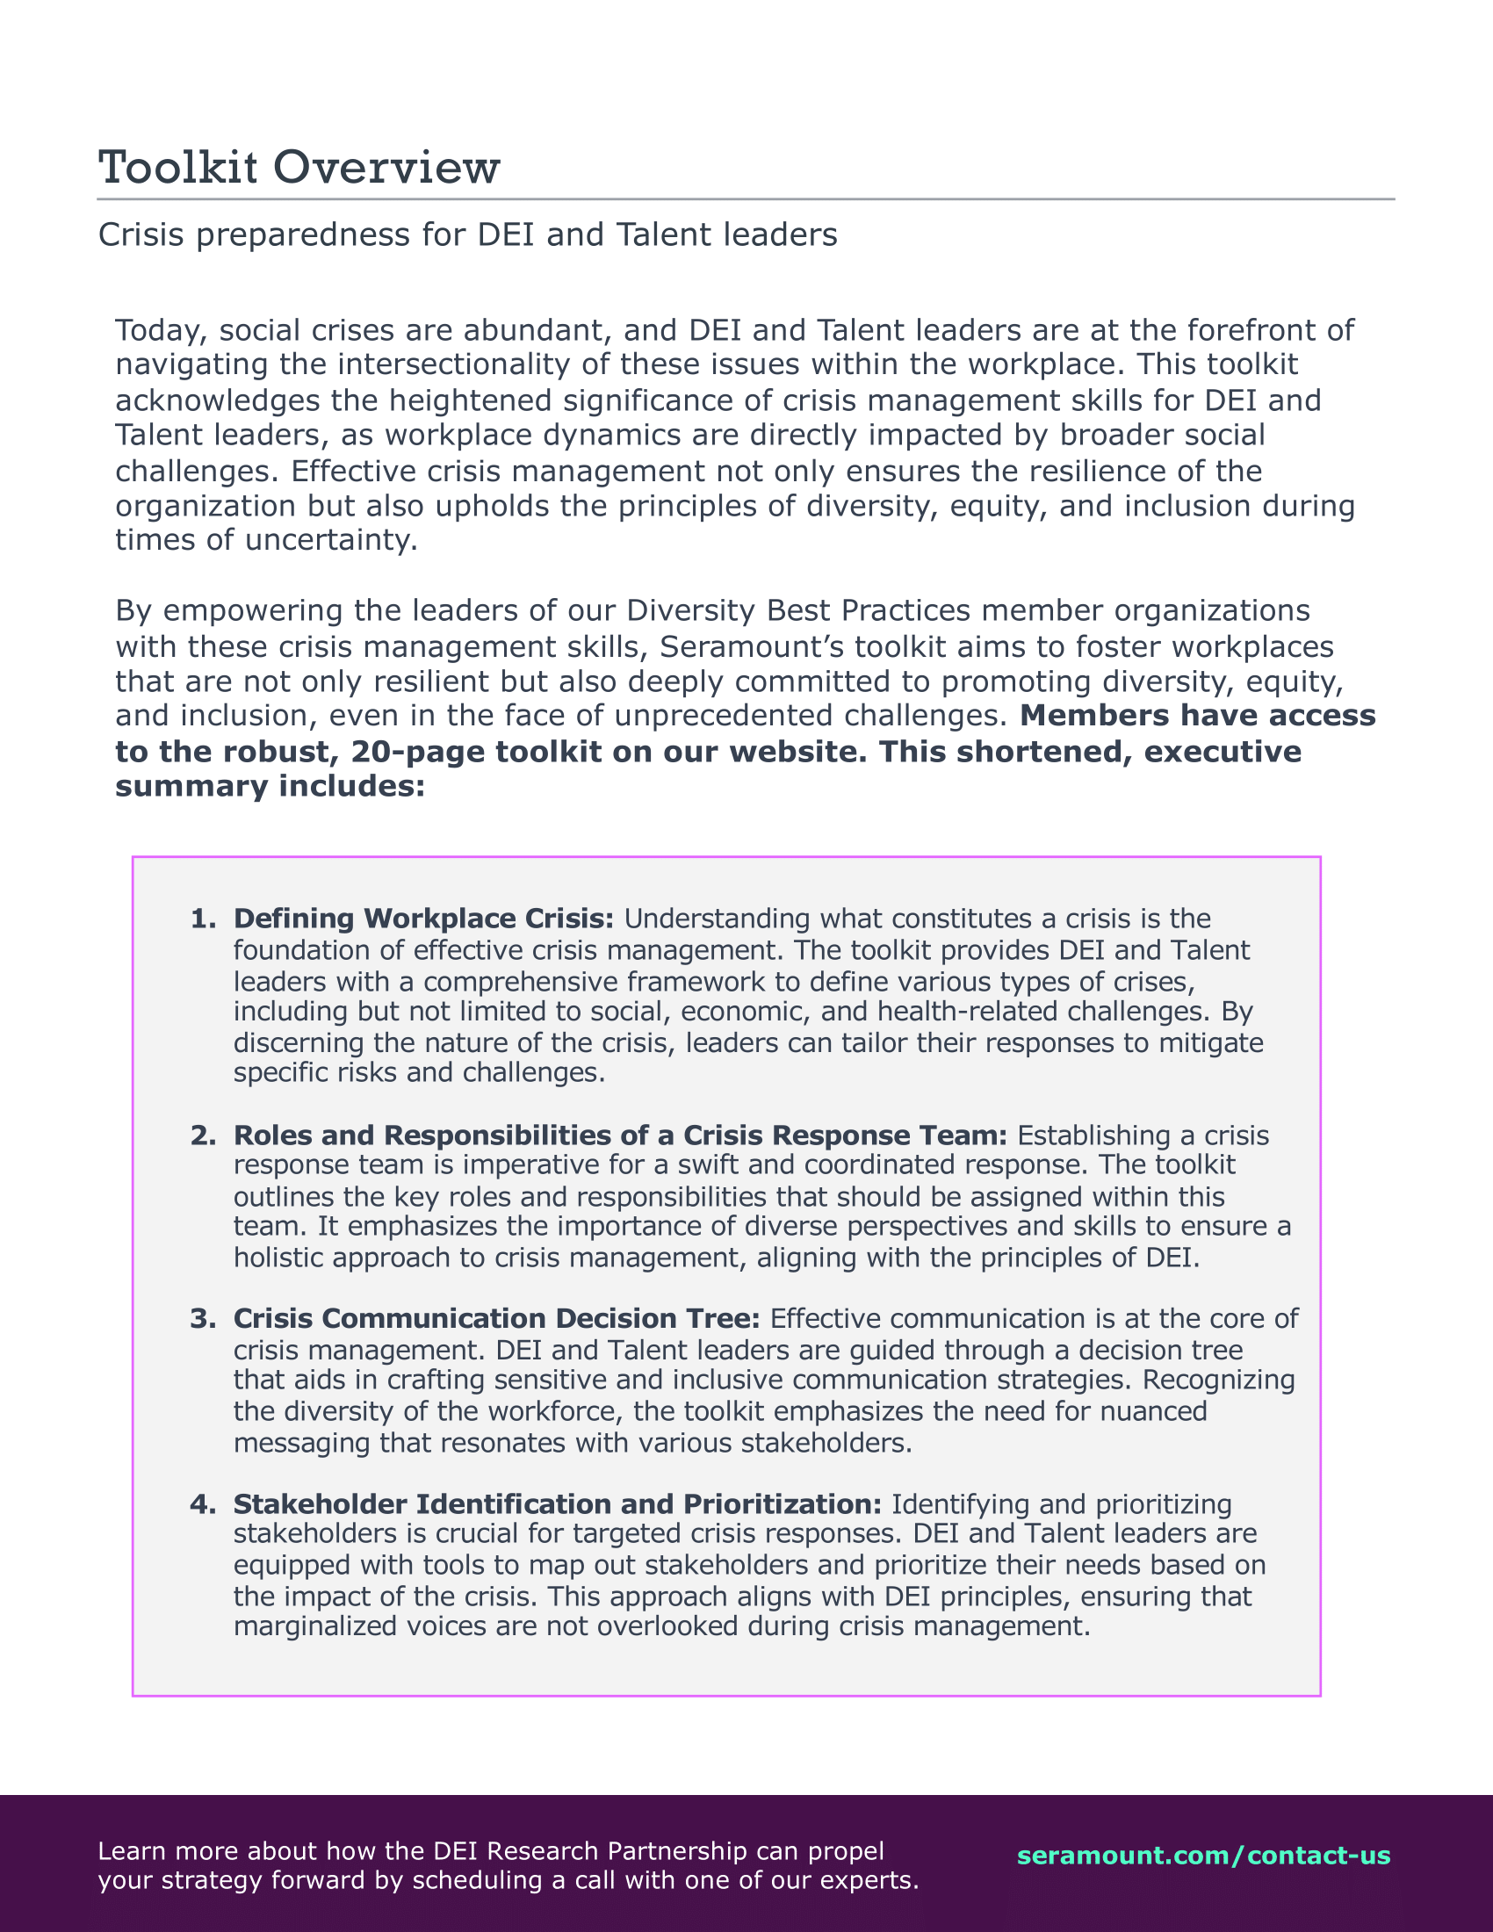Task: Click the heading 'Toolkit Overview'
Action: pos(299,167)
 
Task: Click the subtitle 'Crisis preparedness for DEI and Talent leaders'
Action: pos(467,234)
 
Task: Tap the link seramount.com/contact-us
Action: pos(1204,1856)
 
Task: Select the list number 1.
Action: pos(203,919)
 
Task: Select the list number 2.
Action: pos(203,1135)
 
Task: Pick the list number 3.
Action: pos(203,1319)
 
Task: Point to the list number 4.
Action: pos(203,1503)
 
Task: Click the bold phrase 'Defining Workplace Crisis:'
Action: pos(422,919)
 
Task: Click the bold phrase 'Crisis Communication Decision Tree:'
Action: pos(496,1319)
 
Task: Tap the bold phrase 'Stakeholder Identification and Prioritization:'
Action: pos(557,1503)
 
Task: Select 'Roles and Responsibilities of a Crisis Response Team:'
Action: pos(620,1135)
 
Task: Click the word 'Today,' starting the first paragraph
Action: pos(162,331)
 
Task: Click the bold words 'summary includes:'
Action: pos(270,787)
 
